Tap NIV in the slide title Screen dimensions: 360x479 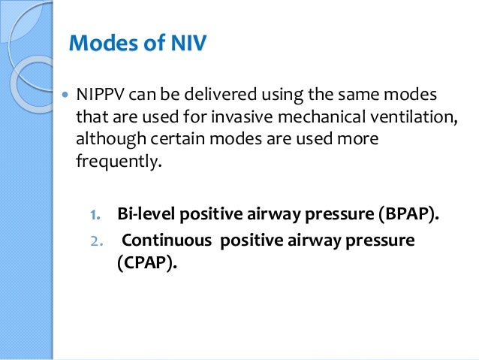click(182, 44)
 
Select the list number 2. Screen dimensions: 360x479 click(95, 243)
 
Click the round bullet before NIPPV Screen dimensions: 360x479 click(63, 97)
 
